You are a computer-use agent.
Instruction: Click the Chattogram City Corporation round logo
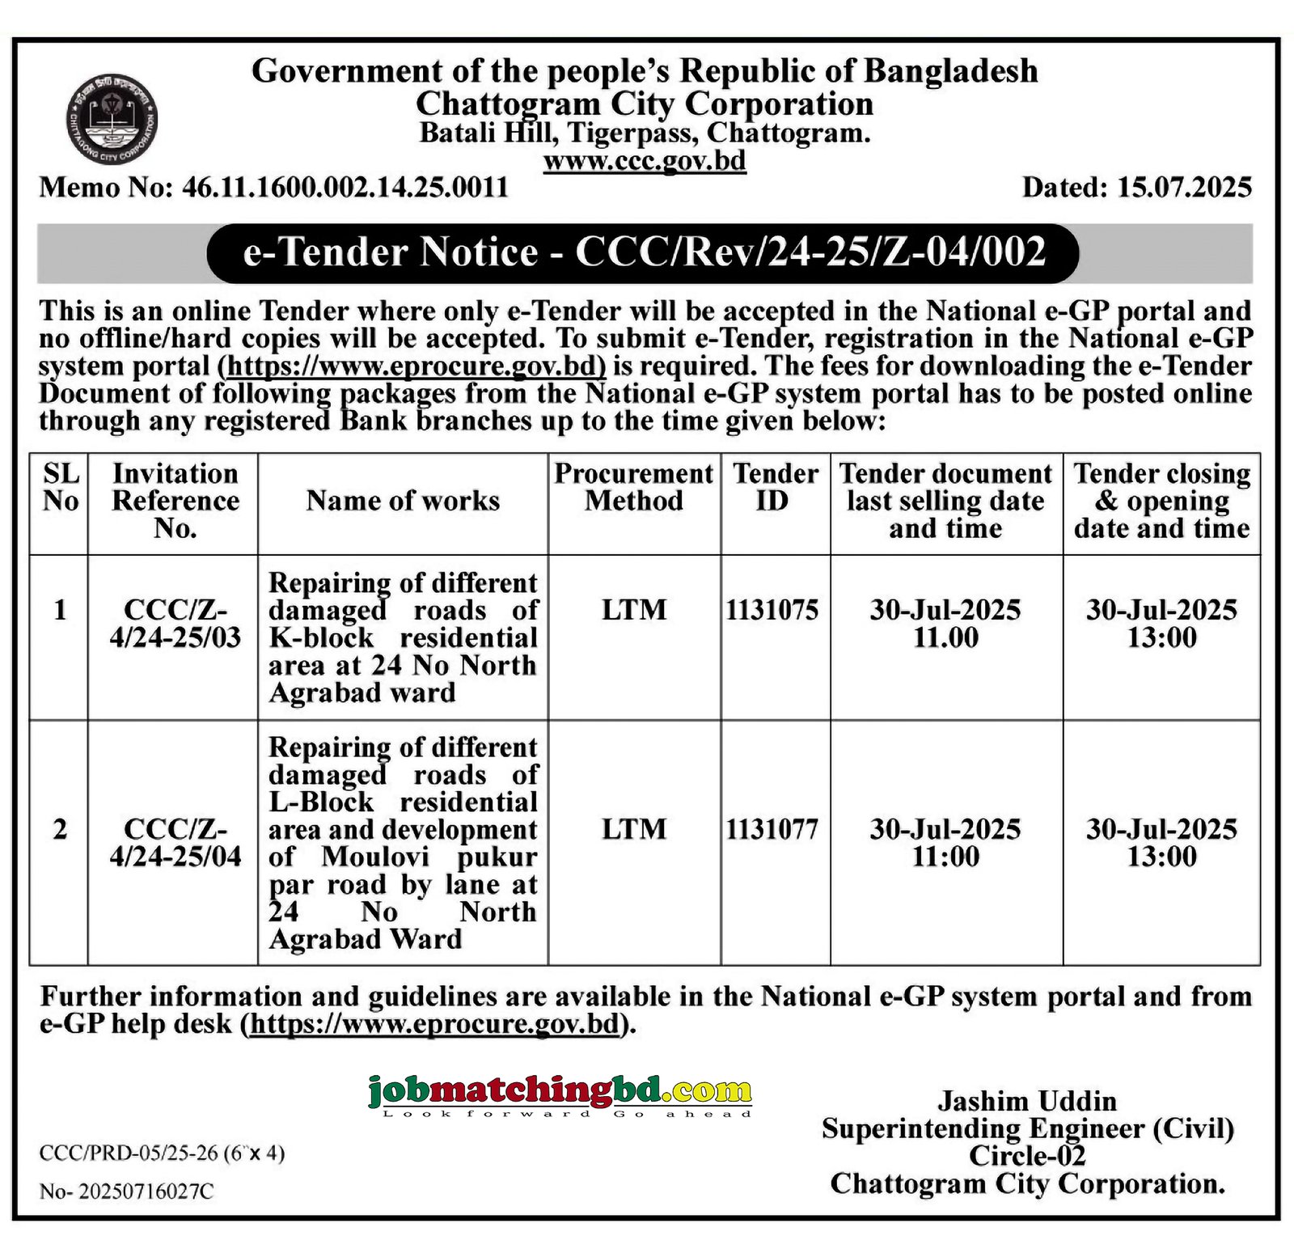[111, 123]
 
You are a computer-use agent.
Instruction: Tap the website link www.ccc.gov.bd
[645, 161]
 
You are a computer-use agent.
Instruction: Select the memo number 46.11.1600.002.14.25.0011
[345, 188]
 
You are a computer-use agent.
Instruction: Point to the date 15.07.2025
[1185, 188]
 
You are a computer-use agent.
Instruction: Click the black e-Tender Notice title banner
[644, 252]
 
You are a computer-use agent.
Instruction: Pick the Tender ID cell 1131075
[772, 610]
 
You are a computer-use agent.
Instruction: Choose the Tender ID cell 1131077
[772, 829]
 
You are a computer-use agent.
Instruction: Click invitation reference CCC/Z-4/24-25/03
[175, 624]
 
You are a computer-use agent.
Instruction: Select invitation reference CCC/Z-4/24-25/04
[175, 843]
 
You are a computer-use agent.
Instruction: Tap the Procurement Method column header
[634, 487]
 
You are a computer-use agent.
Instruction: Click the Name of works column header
[403, 501]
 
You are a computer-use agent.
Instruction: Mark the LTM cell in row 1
[634, 610]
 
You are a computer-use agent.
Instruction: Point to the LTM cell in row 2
[634, 829]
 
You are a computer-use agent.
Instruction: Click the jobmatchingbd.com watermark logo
[560, 1094]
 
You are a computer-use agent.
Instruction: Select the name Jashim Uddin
[1027, 1101]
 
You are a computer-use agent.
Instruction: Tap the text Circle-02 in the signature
[1027, 1156]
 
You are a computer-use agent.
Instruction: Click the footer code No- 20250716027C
[127, 1192]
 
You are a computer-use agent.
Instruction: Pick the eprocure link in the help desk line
[435, 1024]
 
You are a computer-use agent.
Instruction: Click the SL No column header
[61, 487]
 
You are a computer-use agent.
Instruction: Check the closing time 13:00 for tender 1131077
[1162, 857]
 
